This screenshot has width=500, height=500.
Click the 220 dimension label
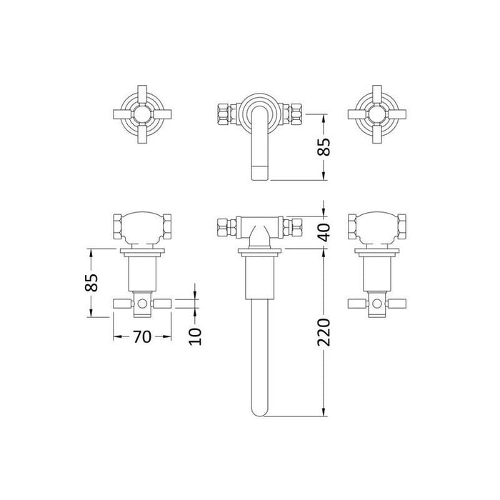click(324, 332)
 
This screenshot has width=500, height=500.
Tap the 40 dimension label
click(324, 232)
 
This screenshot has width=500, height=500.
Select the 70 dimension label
click(142, 336)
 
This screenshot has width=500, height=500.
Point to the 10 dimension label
click(195, 336)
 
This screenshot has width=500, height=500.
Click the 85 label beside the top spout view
click(324, 146)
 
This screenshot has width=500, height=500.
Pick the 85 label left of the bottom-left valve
click(91, 283)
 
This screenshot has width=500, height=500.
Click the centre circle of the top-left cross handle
click(142, 114)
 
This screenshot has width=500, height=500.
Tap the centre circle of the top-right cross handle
click(377, 114)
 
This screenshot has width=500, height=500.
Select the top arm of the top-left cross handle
click(142, 94)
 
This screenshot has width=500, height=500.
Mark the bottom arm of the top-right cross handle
click(377, 134)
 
